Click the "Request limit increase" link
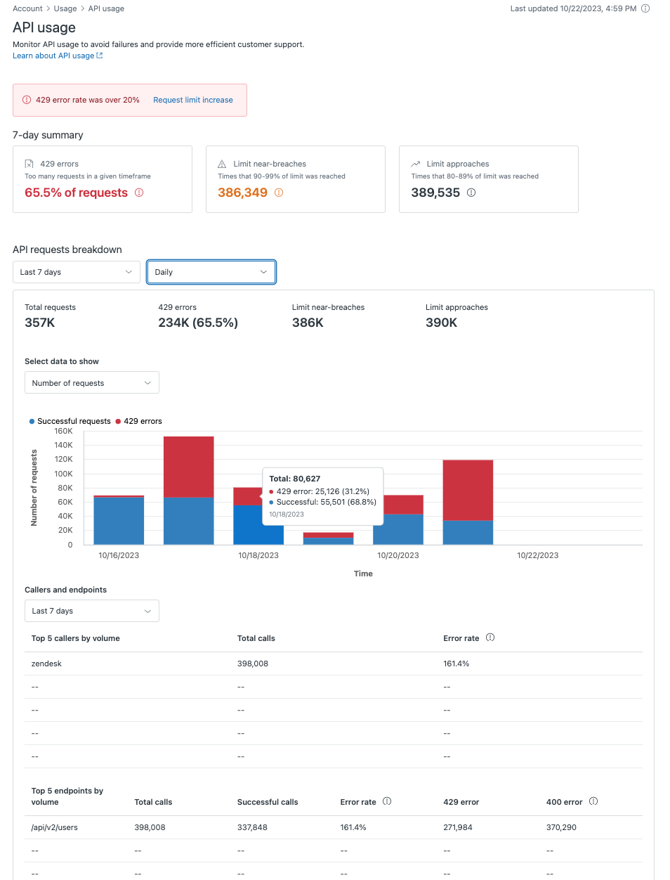coord(193,100)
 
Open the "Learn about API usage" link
coord(54,56)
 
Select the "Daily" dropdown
coord(211,272)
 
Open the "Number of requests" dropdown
coord(91,383)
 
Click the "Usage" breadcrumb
coord(65,8)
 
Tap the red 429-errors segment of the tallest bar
coord(188,466)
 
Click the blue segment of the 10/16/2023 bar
coord(119,520)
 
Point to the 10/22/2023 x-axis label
coord(537,555)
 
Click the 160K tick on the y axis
coord(64,432)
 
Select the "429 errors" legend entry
coord(142,421)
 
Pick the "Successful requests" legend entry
coord(73,421)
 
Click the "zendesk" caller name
coord(46,664)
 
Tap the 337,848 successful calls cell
coord(252,827)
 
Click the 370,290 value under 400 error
coord(561,827)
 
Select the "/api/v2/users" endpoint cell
coord(55,827)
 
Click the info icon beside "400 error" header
coord(593,801)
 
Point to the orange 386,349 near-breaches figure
coord(242,193)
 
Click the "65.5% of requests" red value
coord(76,193)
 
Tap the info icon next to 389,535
coord(471,193)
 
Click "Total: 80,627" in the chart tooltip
coord(295,479)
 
